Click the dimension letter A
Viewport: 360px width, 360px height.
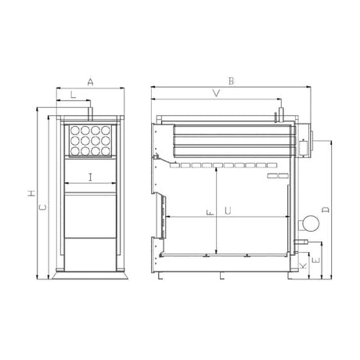point(90,82)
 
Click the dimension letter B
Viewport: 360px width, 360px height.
point(231,81)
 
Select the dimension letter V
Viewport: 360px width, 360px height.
point(216,93)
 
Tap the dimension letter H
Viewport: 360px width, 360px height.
point(31,193)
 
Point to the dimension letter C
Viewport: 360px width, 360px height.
point(43,207)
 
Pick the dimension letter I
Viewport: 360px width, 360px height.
point(90,178)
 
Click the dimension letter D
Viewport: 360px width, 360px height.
point(326,210)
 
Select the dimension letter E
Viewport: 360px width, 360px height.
point(316,260)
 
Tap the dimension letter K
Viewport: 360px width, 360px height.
point(304,266)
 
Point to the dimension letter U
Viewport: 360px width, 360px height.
point(228,211)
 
